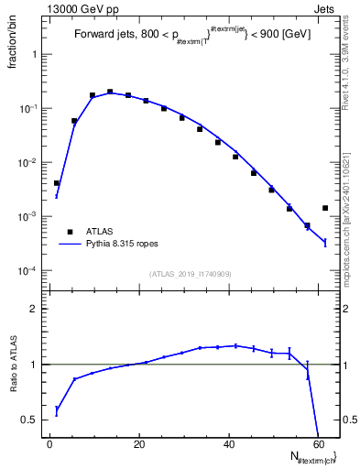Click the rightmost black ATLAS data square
[x=325, y=208]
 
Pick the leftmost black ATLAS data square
[x=57, y=183]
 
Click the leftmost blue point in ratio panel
[x=57, y=410]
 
